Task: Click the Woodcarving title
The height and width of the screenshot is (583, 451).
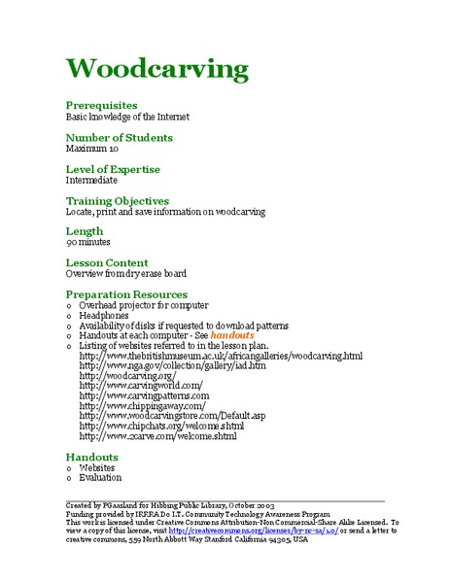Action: click(157, 69)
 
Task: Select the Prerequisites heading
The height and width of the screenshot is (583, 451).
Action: click(101, 105)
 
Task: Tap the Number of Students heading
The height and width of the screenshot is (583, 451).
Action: click(119, 137)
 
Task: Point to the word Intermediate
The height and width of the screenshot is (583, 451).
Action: click(91, 181)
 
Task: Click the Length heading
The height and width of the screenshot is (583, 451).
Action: click(85, 231)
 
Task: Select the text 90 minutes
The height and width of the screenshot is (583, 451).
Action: click(88, 243)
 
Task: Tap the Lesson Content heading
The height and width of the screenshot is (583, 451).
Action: click(107, 262)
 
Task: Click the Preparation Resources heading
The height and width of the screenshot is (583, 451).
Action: click(126, 293)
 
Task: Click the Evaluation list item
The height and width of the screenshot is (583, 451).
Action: click(101, 477)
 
